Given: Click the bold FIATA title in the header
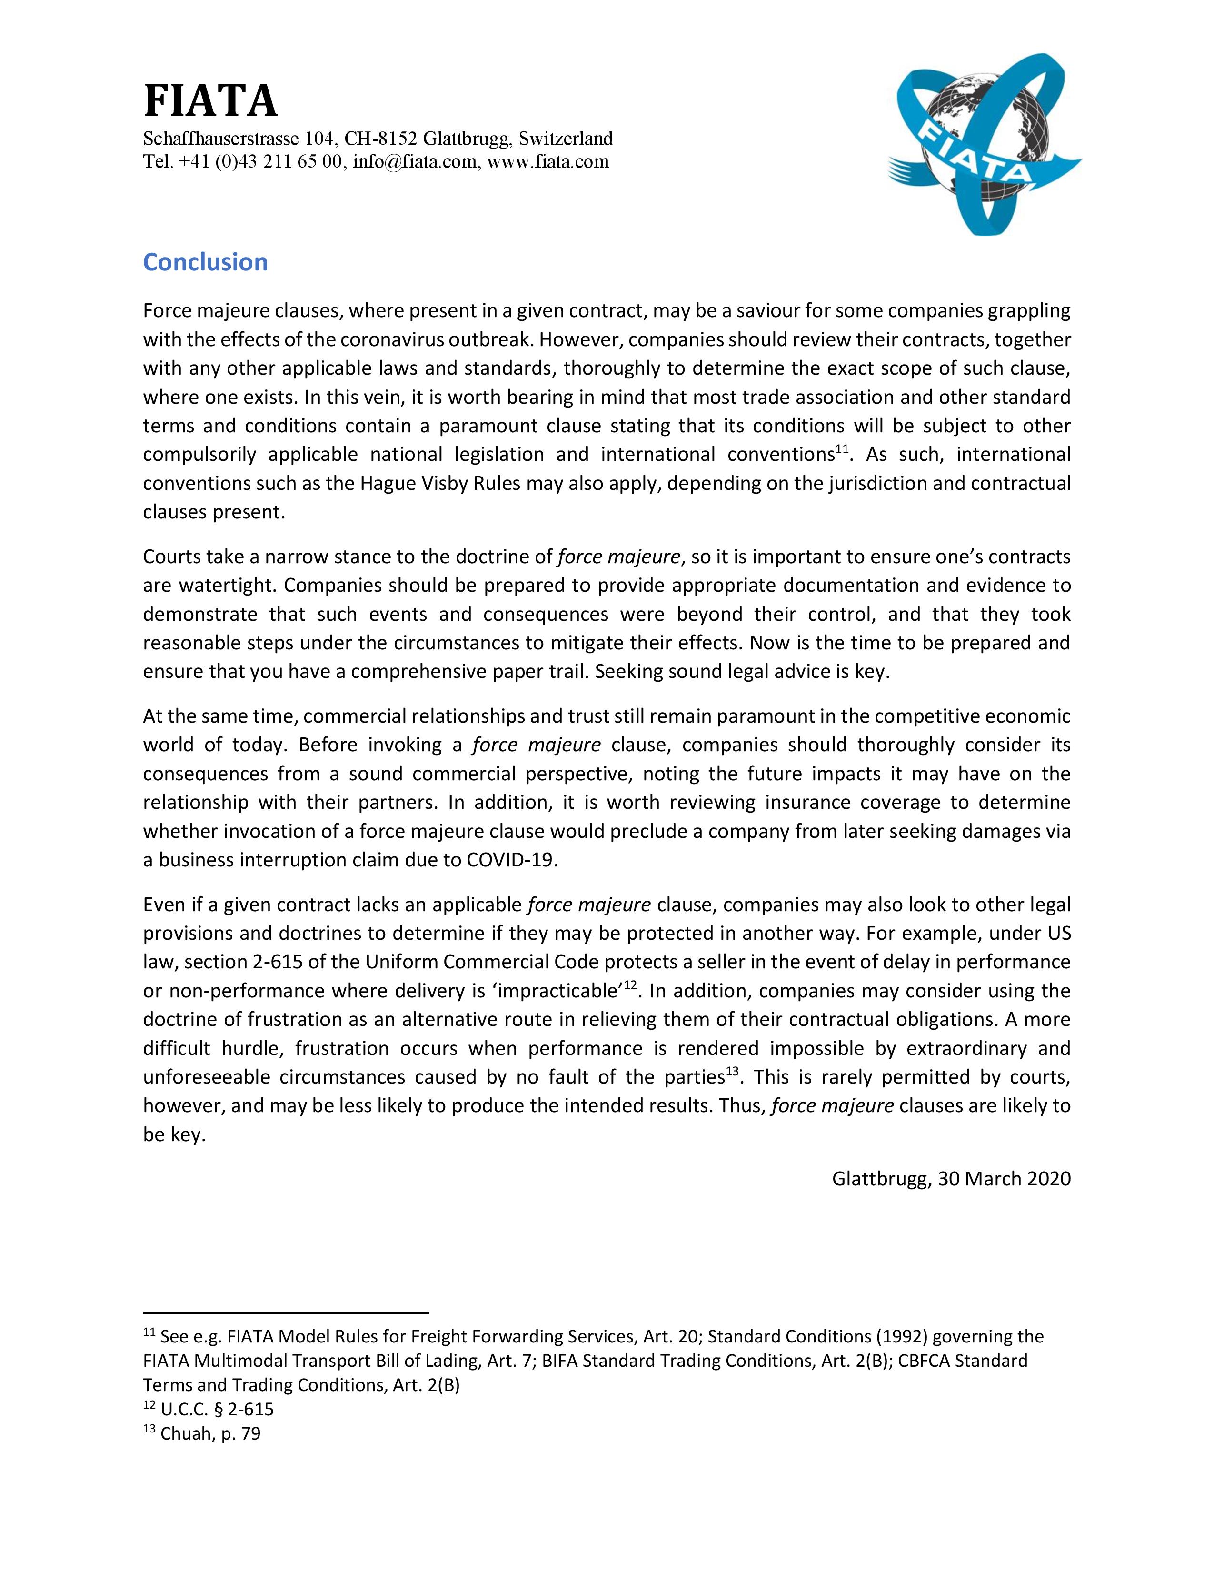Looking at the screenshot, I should pos(210,101).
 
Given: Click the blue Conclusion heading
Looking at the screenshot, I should pos(205,262).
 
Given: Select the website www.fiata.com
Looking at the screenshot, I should pos(548,162).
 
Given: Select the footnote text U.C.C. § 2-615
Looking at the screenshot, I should pos(217,1409).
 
